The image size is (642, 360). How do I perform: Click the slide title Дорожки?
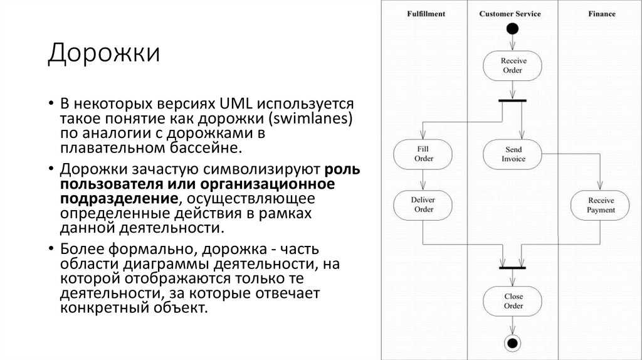(103, 53)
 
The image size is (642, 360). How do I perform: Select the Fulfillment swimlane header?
(426, 14)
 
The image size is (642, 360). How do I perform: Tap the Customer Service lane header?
(510, 14)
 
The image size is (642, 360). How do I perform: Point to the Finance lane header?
(601, 14)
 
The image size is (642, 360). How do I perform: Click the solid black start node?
(513, 28)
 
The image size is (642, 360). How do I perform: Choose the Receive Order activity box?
(513, 66)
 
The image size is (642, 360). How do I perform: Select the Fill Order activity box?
(424, 154)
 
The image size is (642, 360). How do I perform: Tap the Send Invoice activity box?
(513, 154)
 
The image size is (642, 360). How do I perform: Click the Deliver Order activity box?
(423, 205)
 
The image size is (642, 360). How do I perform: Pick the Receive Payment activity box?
(601, 205)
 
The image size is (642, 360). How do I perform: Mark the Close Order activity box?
(513, 301)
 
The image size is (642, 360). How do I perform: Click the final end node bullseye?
(513, 342)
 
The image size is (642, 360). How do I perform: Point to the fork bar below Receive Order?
(512, 100)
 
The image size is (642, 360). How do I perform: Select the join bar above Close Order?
(513, 268)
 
